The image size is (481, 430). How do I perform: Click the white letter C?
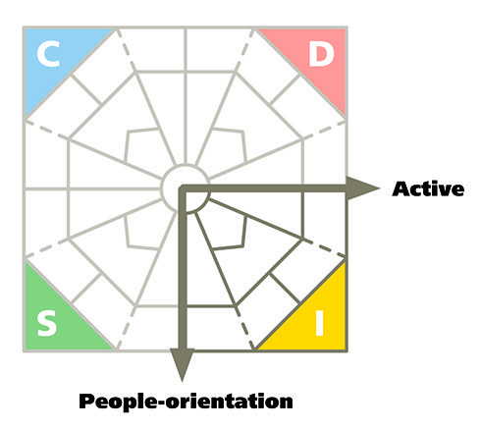tap(48, 54)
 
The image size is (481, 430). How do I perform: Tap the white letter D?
tap(321, 55)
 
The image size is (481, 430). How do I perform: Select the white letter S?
tap(47, 323)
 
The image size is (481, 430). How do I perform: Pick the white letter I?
tap(319, 323)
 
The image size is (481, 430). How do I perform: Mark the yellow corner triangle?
tap(316, 321)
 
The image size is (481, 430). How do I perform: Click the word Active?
tap(428, 188)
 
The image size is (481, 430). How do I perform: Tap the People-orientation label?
tap(186, 402)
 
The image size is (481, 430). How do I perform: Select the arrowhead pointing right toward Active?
tap(362, 188)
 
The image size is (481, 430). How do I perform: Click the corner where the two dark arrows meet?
tap(182, 188)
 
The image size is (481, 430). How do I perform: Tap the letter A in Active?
tap(401, 188)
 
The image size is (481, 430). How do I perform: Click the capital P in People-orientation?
tap(87, 401)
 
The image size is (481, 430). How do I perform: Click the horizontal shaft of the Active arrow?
tap(263, 188)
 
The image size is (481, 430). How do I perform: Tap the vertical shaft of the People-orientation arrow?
tap(182, 268)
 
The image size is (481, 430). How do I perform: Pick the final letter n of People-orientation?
tap(286, 403)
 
